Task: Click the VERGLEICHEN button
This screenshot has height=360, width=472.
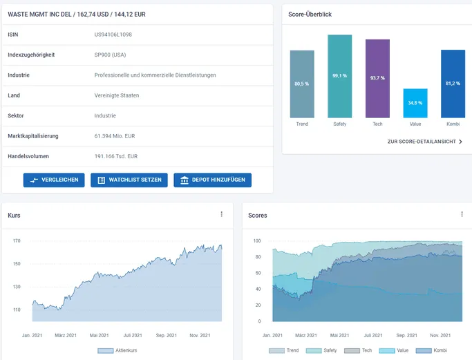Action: pyautogui.click(x=54, y=180)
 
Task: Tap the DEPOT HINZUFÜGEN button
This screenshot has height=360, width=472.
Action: pyautogui.click(x=213, y=180)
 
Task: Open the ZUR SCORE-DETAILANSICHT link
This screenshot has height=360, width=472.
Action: pyautogui.click(x=425, y=142)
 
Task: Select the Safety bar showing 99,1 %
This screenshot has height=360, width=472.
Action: pyautogui.click(x=340, y=76)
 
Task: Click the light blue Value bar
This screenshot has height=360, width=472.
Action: pyautogui.click(x=415, y=103)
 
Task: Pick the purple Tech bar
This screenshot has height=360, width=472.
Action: pyautogui.click(x=377, y=78)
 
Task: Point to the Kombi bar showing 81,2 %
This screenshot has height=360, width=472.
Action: pyautogui.click(x=453, y=84)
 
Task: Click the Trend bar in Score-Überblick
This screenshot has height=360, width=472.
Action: pyautogui.click(x=302, y=84)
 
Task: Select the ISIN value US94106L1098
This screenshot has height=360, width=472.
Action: pyautogui.click(x=113, y=35)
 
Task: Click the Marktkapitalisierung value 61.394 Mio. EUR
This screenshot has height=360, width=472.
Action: pyautogui.click(x=115, y=136)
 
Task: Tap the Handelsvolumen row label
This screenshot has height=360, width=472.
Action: pyautogui.click(x=28, y=156)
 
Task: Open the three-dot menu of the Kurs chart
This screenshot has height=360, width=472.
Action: pyautogui.click(x=222, y=214)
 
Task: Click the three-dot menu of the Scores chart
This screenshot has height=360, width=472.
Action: pyautogui.click(x=462, y=214)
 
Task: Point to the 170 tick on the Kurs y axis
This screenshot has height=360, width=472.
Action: pyautogui.click(x=17, y=240)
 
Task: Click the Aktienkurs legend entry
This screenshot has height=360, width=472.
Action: pyautogui.click(x=117, y=350)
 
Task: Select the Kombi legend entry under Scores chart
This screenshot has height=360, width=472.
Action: pyautogui.click(x=431, y=350)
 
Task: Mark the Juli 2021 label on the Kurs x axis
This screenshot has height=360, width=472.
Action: pyautogui.click(x=133, y=335)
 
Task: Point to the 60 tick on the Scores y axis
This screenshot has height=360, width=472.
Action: pyautogui.click(x=258, y=273)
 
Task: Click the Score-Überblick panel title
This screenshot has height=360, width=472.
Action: pyautogui.click(x=310, y=15)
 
